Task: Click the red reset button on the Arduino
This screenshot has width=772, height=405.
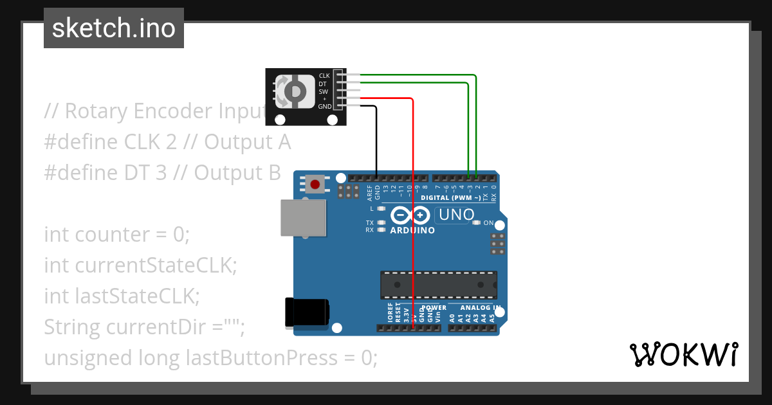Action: tap(315, 184)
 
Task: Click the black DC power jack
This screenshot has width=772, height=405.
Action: tap(307, 313)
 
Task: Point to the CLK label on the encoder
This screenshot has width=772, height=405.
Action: tap(324, 76)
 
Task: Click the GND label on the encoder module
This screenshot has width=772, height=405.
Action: tap(325, 106)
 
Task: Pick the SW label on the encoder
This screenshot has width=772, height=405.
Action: tap(324, 91)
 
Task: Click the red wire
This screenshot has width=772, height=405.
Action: tap(412, 193)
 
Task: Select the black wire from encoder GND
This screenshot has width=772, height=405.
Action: tap(376, 141)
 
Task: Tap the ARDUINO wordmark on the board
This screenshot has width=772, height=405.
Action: tap(412, 230)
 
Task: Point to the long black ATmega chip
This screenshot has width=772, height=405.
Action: tap(438, 285)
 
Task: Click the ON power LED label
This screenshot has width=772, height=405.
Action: tap(488, 223)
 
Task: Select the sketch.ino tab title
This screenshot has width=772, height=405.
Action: tap(114, 28)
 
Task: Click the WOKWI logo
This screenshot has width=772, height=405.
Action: tap(683, 355)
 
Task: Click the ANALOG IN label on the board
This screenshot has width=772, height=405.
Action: tap(477, 308)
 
